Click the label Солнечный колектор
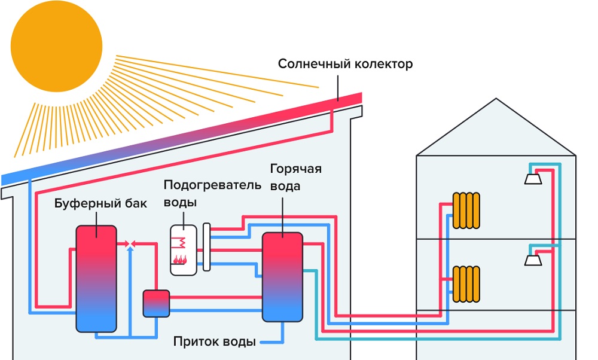point(345,64)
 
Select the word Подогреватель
point(212,184)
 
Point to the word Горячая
point(295,169)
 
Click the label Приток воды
point(215,342)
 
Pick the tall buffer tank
point(96,278)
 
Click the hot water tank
point(282,277)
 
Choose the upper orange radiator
point(466,210)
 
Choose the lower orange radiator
point(466,283)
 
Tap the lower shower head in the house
point(533,260)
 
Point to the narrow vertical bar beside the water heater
point(206,247)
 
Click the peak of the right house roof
point(496,99)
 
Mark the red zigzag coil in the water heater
point(179,242)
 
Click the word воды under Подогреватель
point(180,202)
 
